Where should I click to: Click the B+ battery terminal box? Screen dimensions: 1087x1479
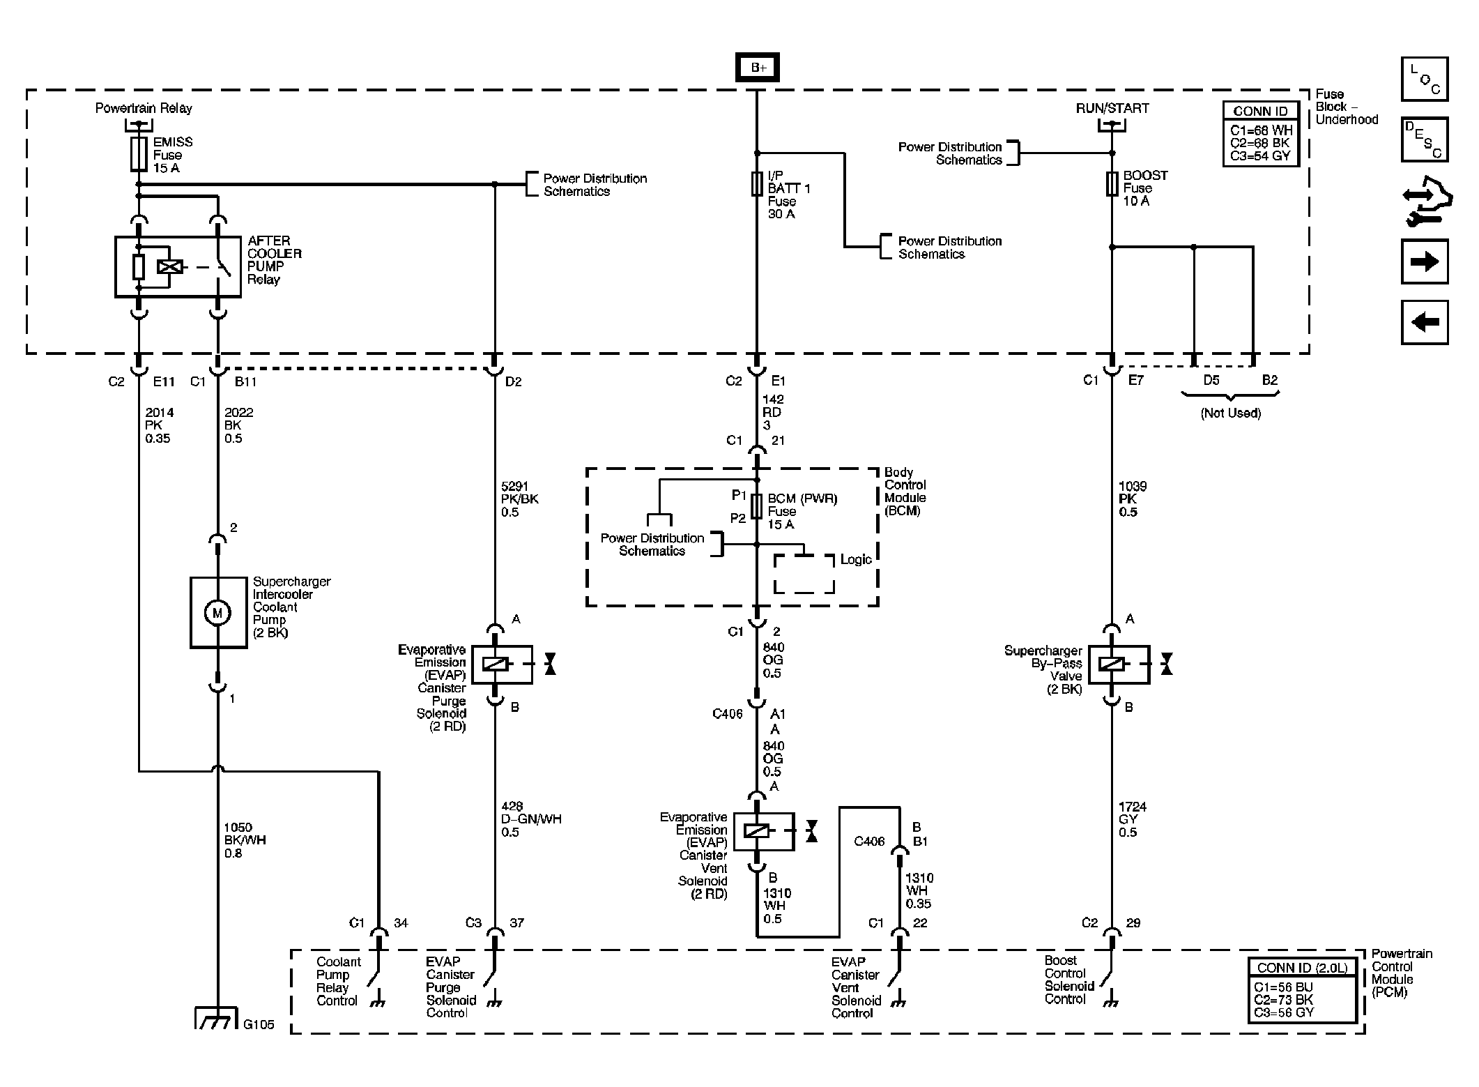[758, 68]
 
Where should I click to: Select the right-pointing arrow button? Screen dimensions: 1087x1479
[1424, 261]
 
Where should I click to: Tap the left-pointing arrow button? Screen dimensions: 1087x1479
[1424, 322]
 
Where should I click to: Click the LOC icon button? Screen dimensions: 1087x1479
[1424, 79]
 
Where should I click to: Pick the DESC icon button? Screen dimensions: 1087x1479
[1424, 139]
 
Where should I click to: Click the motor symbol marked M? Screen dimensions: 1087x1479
[217, 613]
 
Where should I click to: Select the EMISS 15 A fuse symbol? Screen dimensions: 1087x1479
[139, 154]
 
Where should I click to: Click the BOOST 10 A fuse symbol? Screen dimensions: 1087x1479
[1112, 184]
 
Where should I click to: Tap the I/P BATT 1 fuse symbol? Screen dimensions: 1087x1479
[757, 185]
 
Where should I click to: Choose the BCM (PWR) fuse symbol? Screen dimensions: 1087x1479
[757, 507]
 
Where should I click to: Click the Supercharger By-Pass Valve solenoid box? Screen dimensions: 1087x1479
[1119, 664]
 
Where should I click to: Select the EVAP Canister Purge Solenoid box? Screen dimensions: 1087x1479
[502, 664]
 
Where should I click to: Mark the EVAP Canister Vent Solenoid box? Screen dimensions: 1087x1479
[764, 831]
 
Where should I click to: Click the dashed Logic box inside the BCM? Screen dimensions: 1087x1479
[804, 574]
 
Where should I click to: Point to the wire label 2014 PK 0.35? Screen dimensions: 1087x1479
[159, 425]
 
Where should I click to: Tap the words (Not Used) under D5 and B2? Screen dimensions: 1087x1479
[1230, 413]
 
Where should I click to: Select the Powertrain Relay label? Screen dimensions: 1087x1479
[144, 108]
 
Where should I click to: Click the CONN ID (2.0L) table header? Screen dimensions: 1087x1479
[1302, 968]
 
